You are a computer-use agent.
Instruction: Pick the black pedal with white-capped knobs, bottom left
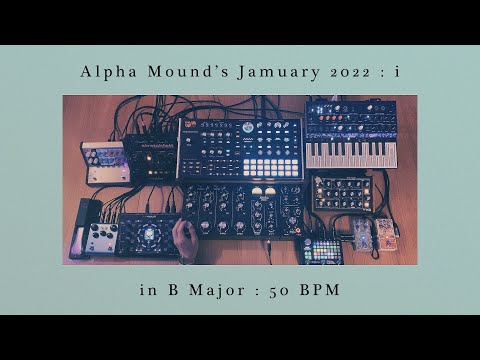(102, 238)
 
